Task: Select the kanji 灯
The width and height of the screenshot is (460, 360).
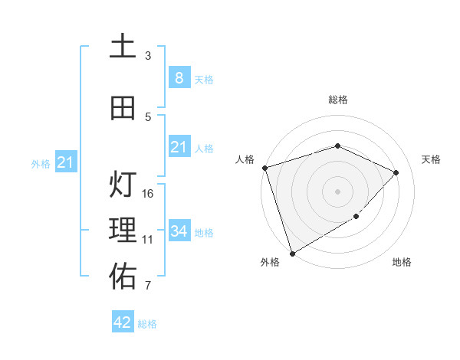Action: [123, 185]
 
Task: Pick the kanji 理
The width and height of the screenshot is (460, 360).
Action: [123, 230]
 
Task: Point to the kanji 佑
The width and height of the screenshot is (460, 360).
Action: [123, 277]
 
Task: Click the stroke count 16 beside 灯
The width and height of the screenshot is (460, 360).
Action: [149, 193]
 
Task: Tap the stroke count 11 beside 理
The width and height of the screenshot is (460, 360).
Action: [149, 239]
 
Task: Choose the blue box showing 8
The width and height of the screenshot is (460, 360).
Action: [179, 77]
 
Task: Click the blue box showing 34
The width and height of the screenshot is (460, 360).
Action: [179, 231]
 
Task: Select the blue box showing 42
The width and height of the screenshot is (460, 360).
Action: [123, 322]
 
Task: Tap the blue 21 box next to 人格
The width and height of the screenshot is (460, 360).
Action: [179, 147]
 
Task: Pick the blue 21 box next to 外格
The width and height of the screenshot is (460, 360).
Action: [65, 162]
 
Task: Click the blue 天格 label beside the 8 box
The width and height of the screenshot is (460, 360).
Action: [204, 79]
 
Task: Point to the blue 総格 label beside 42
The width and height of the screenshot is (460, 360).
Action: [147, 324]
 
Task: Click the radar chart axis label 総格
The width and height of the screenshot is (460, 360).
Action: [337, 100]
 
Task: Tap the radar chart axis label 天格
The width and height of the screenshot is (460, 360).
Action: [431, 159]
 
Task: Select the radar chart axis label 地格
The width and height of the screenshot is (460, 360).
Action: [402, 262]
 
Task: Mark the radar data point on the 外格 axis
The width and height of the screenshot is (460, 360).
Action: [291, 253]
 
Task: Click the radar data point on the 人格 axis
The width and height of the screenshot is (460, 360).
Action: [264, 168]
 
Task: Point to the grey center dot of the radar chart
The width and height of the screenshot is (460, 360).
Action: [337, 191]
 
